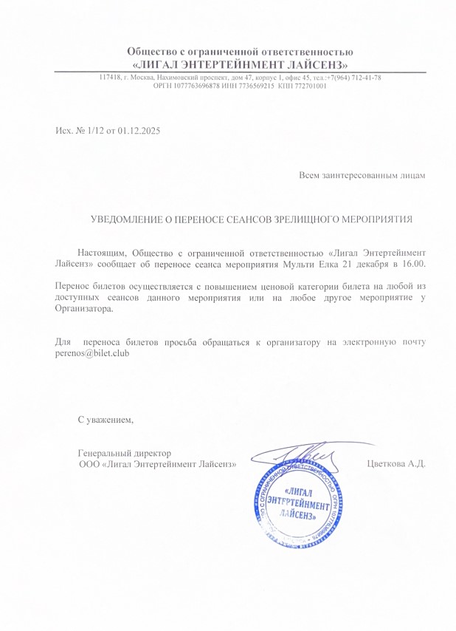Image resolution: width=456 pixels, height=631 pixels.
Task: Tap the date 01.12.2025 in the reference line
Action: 138,130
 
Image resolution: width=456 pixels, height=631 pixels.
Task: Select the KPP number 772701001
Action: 311,86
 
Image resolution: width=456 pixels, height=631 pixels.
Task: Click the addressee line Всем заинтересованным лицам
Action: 362,175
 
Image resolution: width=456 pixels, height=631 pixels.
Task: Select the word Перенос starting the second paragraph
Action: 72,285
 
